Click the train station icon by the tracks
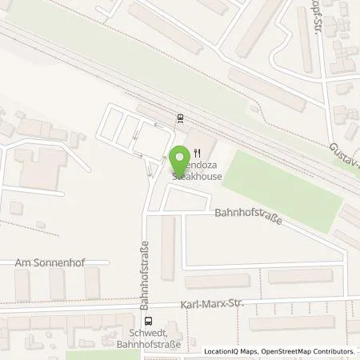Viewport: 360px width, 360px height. click(x=181, y=119)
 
